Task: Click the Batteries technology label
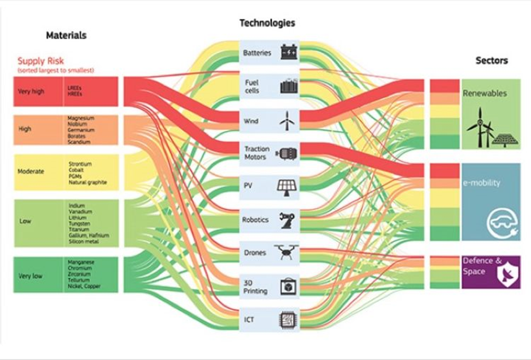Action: click(257, 53)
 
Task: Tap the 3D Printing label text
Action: click(255, 287)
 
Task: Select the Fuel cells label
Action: click(252, 86)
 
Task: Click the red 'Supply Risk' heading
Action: click(40, 61)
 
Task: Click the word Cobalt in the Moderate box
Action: click(76, 170)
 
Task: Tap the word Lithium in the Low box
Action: click(76, 217)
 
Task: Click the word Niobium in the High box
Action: click(77, 124)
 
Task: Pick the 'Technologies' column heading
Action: click(267, 23)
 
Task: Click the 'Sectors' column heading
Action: click(491, 60)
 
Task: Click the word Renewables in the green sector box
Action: click(484, 93)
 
